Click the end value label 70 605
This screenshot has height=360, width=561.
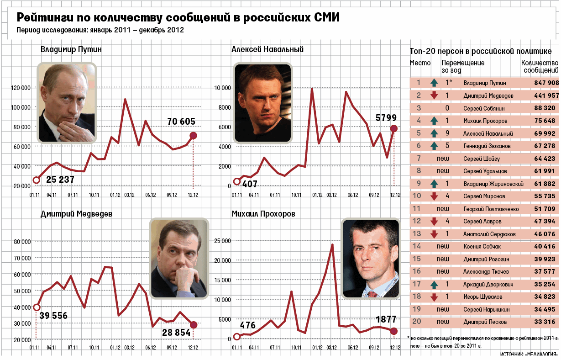(181, 122)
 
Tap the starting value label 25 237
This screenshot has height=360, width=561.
(60, 180)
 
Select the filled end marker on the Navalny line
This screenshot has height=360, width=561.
(393, 129)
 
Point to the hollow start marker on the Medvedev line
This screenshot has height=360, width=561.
(37, 307)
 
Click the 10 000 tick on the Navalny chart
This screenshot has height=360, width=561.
(222, 88)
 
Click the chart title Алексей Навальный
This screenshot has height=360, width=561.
(267, 50)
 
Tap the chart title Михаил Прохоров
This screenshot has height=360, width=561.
(263, 214)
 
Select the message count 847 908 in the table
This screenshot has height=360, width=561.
(546, 83)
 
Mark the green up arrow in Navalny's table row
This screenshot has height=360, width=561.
(434, 133)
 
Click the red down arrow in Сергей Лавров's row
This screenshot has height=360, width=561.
(434, 222)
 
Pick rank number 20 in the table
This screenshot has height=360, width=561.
(416, 322)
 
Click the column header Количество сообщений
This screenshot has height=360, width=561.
(540, 67)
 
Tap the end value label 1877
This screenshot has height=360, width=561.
(386, 320)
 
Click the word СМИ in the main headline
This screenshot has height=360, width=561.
(326, 18)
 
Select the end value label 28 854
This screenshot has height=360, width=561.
(176, 333)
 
